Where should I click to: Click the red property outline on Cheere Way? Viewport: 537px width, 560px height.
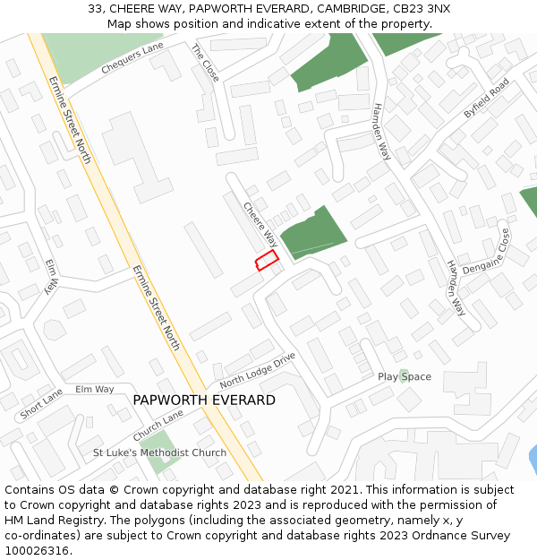267,260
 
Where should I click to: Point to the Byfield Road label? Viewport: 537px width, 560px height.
486,99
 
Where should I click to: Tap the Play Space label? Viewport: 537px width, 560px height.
404,376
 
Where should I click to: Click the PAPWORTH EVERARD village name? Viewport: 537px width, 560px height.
204,400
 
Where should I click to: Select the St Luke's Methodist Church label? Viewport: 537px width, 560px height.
160,452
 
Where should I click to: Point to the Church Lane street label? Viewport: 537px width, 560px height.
158,425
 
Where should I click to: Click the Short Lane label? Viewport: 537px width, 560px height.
40,406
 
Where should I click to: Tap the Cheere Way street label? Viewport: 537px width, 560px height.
260,225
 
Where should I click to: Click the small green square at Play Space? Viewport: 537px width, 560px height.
404,373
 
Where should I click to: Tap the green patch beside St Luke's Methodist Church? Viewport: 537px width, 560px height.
158,448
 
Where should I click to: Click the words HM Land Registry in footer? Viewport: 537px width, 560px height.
47,521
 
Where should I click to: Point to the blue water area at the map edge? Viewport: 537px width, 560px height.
533,460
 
